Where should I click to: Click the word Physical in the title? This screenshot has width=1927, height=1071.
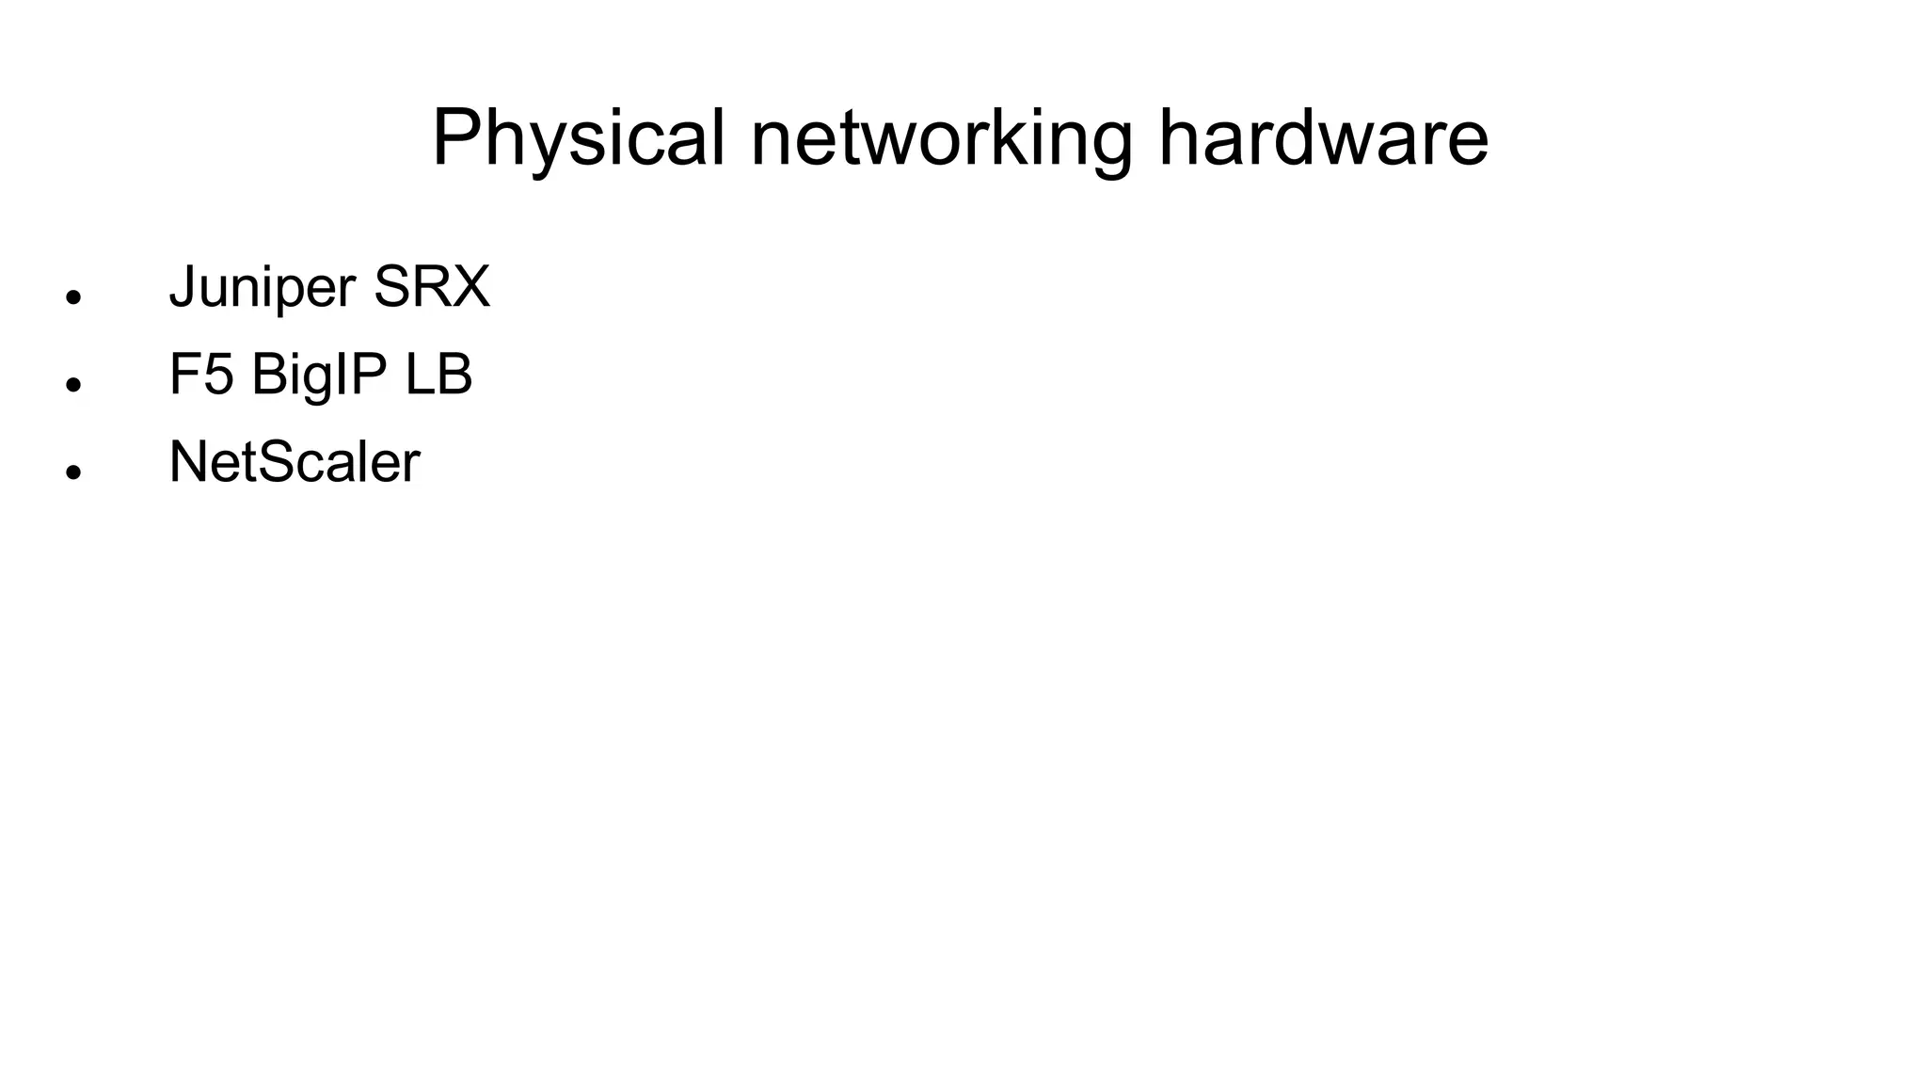pos(578,138)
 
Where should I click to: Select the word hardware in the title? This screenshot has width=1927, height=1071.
pos(1323,138)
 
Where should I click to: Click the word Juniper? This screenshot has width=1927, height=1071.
pos(263,287)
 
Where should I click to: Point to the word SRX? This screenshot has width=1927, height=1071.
pos(432,287)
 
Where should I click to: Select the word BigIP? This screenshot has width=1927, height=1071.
pos(319,376)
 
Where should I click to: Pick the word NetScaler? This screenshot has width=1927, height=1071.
pos(295,462)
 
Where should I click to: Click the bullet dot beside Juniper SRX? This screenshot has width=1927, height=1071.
pos(74,297)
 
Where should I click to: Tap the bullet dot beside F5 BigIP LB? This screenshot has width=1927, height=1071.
pos(74,385)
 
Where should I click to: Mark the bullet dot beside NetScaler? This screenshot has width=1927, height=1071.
pos(74,472)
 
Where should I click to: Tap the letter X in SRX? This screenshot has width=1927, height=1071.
pos(471,287)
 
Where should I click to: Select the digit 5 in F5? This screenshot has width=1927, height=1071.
pos(218,375)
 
